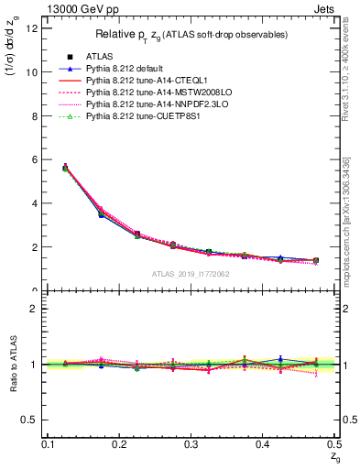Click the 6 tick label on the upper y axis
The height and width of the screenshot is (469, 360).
34,159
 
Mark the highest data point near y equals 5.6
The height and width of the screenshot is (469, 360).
65,168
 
